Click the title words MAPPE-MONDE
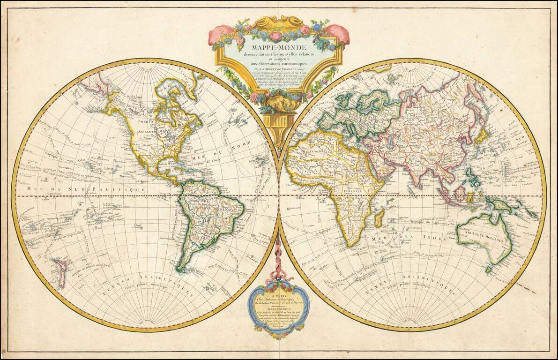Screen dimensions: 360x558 click(x=279, y=48)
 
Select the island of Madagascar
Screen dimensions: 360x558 click(x=379, y=218)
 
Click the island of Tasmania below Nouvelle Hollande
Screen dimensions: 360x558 click(x=489, y=269)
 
